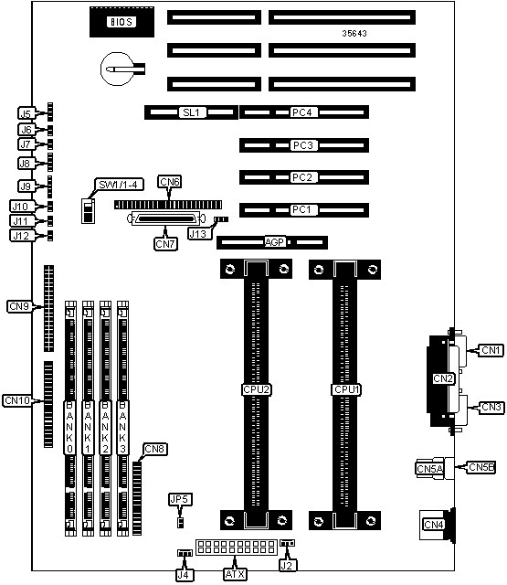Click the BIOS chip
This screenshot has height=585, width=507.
121,22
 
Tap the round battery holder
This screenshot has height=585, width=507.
117,69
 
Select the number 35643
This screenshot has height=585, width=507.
354,33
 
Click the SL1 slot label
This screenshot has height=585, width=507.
191,112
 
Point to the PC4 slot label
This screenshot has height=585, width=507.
302,112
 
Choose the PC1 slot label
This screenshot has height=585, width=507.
302,209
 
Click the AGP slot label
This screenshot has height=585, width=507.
274,242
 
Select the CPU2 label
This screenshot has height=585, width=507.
256,390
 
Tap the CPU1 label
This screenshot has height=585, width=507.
347,390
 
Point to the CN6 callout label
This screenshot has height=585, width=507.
170,182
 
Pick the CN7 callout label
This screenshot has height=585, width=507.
165,244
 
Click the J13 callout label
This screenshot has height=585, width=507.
198,234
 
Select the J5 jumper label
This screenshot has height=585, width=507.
26,113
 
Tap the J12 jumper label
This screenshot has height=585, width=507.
21,236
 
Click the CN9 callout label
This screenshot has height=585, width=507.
19,306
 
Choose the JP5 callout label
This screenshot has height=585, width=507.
181,500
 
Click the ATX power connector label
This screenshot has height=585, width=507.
236,574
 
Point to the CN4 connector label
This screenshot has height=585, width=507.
434,525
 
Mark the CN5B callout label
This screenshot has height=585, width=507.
481,467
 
